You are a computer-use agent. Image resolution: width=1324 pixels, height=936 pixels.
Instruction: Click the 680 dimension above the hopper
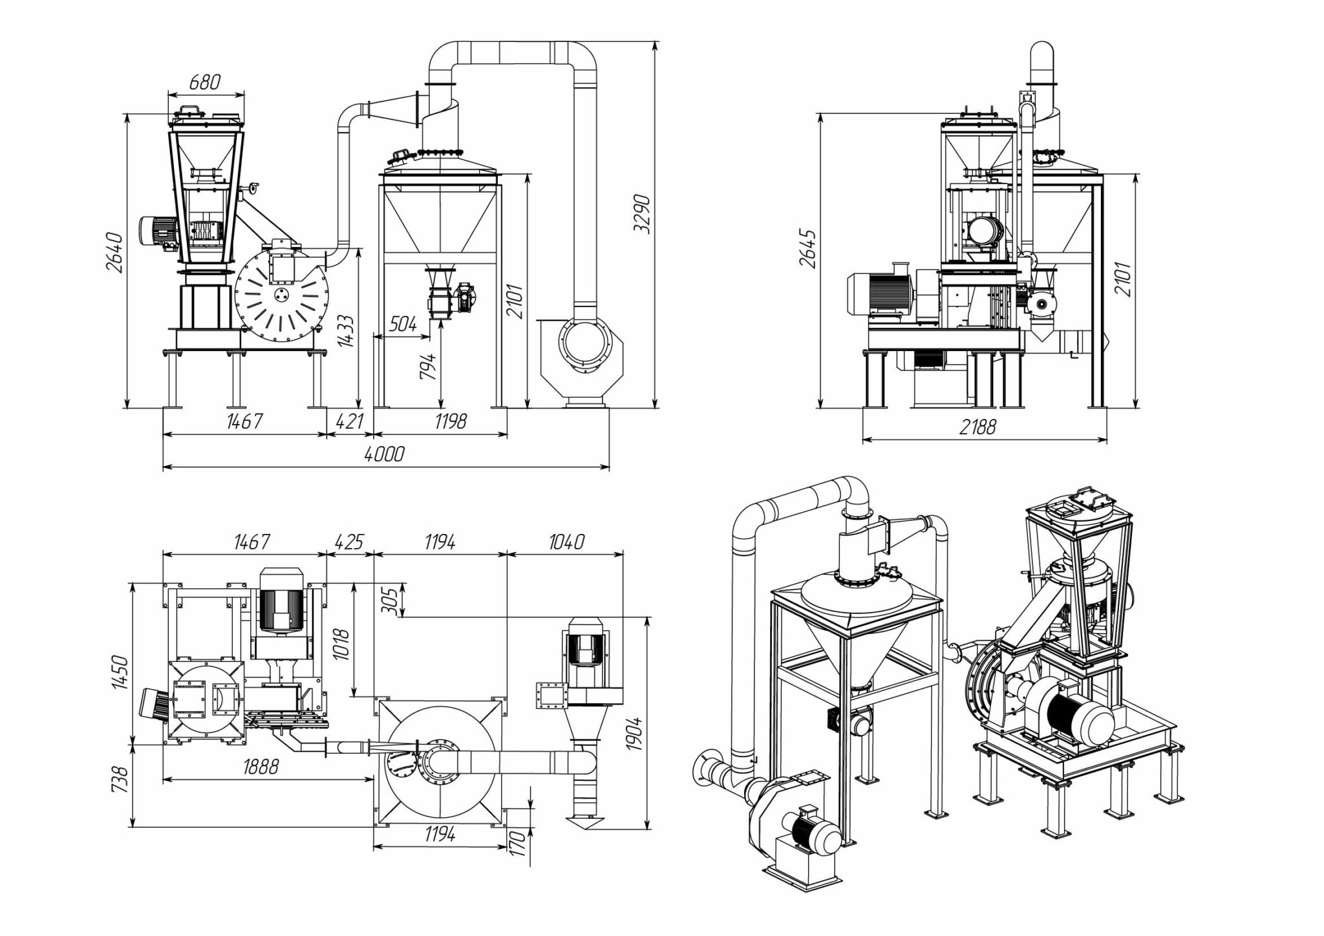click(x=205, y=82)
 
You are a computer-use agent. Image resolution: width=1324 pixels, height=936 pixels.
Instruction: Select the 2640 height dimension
click(x=115, y=252)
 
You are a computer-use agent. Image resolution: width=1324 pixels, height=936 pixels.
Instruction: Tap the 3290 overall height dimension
click(x=641, y=213)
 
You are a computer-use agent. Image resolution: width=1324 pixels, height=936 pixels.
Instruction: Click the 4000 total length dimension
click(x=384, y=454)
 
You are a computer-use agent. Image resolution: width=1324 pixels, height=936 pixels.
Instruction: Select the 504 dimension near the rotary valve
click(x=403, y=324)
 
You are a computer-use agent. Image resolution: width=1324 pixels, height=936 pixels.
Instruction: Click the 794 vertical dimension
click(x=429, y=366)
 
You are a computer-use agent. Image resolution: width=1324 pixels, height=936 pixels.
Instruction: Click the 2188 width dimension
click(x=977, y=427)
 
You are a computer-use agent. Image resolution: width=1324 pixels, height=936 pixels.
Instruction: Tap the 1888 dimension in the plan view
click(x=261, y=767)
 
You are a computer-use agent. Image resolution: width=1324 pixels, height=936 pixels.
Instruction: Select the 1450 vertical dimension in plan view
click(x=121, y=672)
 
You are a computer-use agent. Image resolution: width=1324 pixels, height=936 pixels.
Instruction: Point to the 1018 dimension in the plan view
click(x=343, y=644)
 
